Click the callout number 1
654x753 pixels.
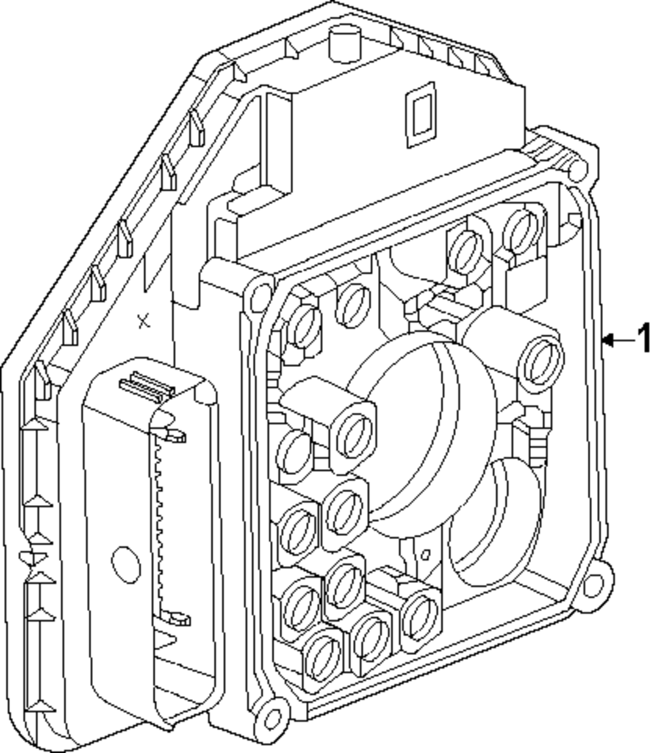(x=644, y=339)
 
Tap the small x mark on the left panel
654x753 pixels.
(x=144, y=321)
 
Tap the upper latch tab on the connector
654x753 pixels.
(x=171, y=434)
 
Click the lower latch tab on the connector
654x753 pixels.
(x=175, y=617)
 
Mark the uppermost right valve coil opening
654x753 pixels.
(x=524, y=230)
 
